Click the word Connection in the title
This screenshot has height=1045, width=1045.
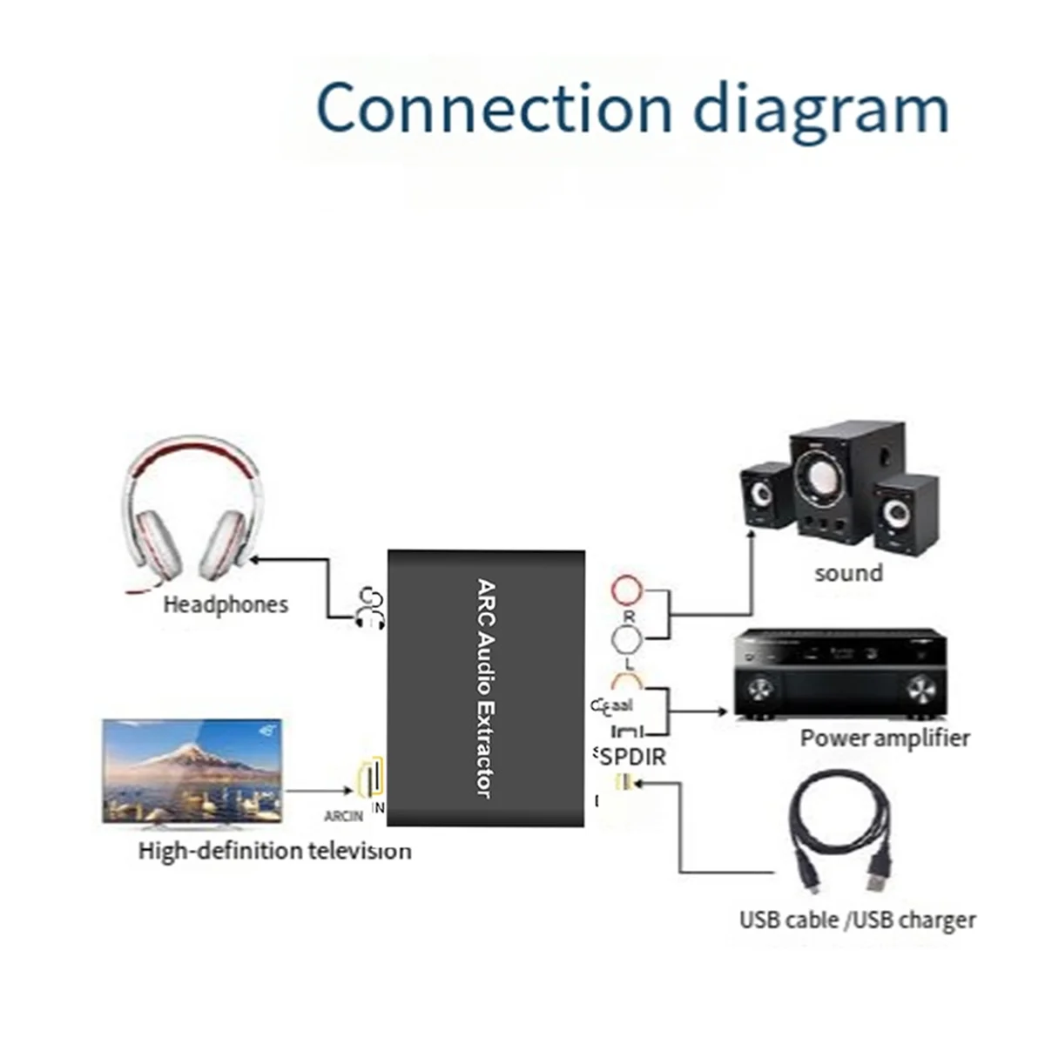(x=493, y=108)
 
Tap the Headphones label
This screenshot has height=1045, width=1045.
(x=226, y=604)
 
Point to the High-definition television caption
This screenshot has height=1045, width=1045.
(x=274, y=850)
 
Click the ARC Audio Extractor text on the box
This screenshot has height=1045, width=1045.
(x=486, y=688)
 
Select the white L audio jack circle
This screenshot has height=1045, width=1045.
(x=627, y=641)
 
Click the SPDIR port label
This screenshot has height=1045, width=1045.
(x=632, y=756)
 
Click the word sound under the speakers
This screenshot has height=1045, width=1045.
(x=848, y=573)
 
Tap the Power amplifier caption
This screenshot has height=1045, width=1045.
(x=884, y=738)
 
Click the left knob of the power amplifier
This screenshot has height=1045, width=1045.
(x=759, y=691)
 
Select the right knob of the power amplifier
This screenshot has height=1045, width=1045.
(x=920, y=691)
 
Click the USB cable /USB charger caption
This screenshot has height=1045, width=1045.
(x=857, y=920)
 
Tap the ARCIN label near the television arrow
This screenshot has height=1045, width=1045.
(x=343, y=817)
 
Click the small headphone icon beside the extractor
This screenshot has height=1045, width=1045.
(x=369, y=608)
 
